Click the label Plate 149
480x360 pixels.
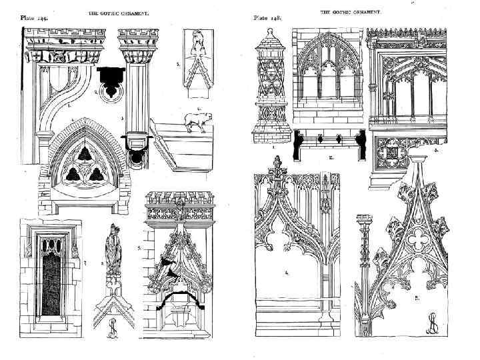tap(33, 19)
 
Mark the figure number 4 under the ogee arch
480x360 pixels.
tap(287, 272)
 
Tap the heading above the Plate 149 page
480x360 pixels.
tap(123, 13)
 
